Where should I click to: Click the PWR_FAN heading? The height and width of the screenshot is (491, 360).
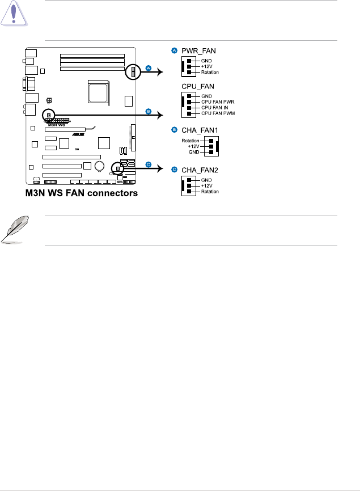point(198,51)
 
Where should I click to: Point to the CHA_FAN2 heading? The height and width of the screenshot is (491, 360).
point(200,170)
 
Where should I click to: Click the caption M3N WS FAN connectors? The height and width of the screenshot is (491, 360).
point(81,193)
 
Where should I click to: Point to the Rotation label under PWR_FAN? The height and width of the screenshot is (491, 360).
point(209,72)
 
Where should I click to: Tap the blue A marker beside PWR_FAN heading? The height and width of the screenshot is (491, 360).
point(175,51)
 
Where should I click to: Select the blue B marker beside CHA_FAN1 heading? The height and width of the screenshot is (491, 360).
point(175,129)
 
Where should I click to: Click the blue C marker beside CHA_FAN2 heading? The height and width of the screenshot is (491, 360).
point(175,170)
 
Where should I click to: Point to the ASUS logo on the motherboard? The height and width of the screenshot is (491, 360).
point(78,134)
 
